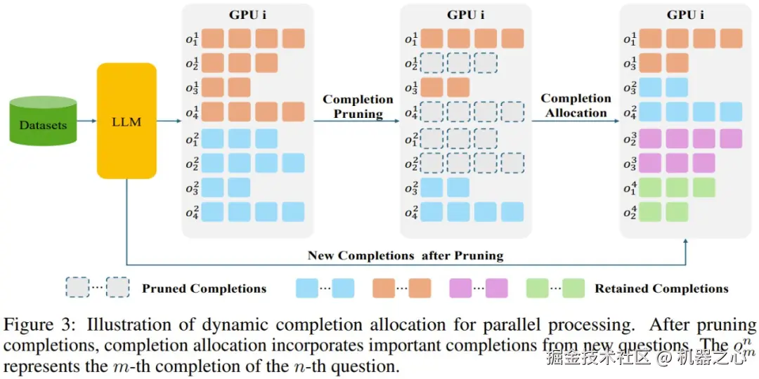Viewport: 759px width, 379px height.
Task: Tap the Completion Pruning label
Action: [358, 106]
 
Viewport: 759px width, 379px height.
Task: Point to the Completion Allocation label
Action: [576, 105]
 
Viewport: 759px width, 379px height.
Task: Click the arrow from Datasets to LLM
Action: [86, 121]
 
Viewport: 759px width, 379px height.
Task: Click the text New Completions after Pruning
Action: [406, 255]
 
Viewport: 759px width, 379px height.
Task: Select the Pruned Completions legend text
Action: [204, 288]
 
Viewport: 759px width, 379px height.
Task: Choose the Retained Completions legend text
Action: [661, 288]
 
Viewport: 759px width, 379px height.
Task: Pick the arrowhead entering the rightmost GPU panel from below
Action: [685, 241]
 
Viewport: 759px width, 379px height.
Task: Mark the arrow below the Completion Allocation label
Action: [576, 121]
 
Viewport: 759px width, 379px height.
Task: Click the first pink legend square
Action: [458, 288]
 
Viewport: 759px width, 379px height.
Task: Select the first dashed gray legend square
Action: [77, 288]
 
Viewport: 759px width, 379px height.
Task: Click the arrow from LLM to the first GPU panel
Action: [169, 121]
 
